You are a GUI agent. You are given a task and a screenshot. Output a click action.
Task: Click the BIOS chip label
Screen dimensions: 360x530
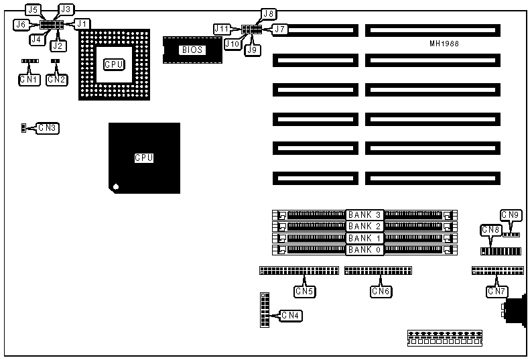click(x=192, y=49)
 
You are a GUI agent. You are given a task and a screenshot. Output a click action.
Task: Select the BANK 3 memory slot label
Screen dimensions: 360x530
click(x=365, y=215)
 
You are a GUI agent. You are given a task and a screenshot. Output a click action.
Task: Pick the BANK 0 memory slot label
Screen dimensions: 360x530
click(x=365, y=250)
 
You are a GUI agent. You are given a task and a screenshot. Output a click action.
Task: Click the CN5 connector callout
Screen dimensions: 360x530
click(x=304, y=291)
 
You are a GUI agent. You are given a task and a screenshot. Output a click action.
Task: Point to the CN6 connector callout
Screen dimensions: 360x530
click(x=381, y=291)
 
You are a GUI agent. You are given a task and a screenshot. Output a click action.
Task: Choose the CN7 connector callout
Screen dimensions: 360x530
click(x=497, y=291)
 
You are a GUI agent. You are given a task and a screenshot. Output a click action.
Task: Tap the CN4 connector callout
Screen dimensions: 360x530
click(x=291, y=315)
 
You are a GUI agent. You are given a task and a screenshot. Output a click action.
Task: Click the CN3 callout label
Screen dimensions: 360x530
click(x=48, y=127)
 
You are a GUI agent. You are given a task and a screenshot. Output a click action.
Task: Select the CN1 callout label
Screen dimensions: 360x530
click(x=29, y=79)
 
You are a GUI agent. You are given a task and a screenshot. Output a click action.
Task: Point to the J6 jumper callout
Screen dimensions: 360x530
click(x=21, y=24)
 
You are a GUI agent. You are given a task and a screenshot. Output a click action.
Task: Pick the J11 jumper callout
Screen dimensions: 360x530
click(x=222, y=29)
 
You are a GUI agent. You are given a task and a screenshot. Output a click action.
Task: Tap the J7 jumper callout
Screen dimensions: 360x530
click(x=279, y=29)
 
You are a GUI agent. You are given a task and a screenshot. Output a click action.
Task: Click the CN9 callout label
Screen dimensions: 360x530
click(x=511, y=215)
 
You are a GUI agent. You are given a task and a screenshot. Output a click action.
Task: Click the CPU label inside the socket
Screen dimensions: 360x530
click(x=114, y=64)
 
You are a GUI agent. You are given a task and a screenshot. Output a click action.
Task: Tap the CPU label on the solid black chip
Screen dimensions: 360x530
click(x=144, y=158)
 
